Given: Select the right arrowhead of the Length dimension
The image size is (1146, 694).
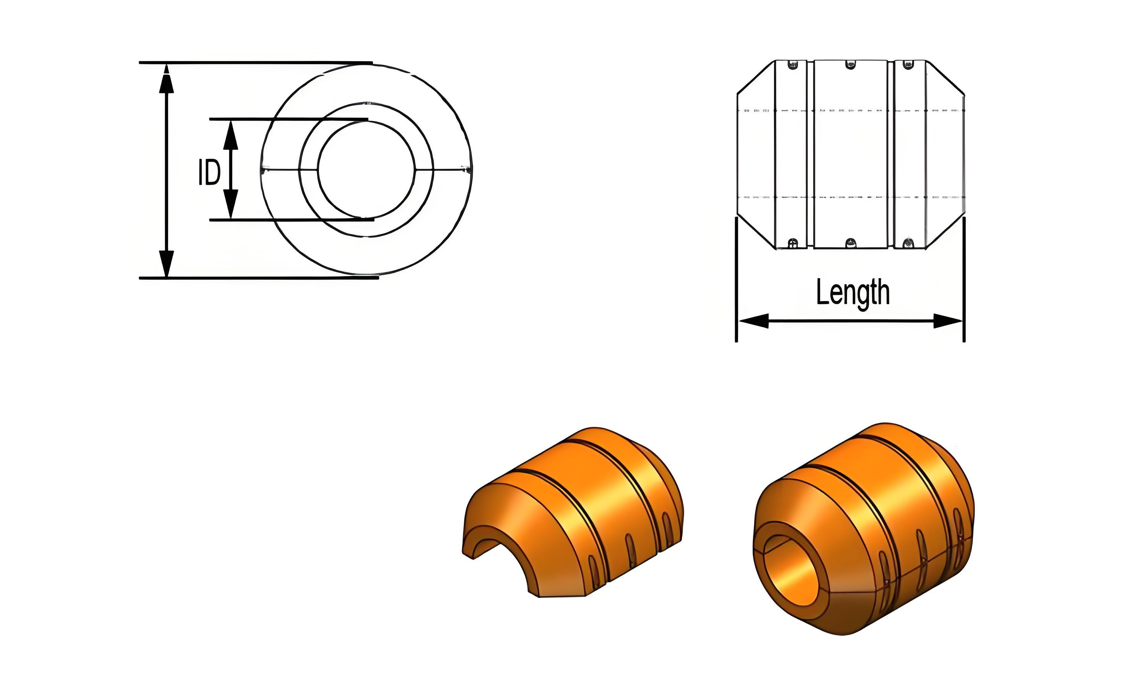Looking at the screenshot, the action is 948,321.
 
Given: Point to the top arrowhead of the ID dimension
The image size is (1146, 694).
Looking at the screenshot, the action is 231,135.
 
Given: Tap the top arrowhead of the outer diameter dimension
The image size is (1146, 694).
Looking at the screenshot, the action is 166,79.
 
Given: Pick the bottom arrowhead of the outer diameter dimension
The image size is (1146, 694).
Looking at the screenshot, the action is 166,264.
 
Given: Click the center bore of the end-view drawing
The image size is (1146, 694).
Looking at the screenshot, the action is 366,170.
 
